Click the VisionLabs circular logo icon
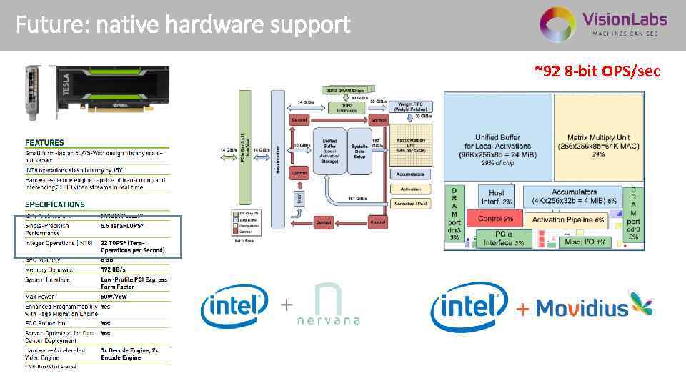557,25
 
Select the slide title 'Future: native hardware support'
183,26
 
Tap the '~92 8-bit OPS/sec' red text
597,71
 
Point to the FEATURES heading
44,143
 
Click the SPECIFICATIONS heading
55,204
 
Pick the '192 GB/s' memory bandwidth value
114,269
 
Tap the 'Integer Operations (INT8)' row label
56,243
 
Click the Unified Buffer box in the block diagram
329,151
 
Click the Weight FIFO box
410,107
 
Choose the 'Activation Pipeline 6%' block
568,220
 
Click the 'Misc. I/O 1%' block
584,242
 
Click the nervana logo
328,305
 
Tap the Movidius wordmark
582,308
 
